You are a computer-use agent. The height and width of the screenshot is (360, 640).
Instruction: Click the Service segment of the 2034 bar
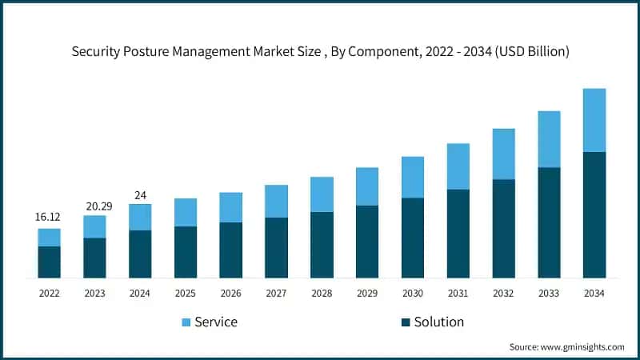coord(594,120)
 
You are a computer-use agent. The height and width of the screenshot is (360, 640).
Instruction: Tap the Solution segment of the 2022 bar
coord(50,262)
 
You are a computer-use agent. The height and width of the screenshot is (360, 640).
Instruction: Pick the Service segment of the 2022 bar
coord(50,237)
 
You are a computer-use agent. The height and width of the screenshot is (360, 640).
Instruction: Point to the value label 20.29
coord(94,206)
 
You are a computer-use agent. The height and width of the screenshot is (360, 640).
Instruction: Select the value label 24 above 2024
coord(140,194)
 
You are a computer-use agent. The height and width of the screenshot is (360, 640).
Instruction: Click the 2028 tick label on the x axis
coord(322,294)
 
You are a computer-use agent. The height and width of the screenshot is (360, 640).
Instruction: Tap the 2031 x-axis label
coord(458,294)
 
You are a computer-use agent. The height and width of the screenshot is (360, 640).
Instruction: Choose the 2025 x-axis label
coord(186,294)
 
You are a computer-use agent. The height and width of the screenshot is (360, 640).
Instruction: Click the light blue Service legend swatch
coord(186,322)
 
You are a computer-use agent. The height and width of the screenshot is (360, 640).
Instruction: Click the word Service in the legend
coord(216,322)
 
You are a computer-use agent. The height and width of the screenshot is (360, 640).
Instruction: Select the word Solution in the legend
coord(438,322)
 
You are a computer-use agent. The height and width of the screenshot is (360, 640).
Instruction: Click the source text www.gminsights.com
coord(582,346)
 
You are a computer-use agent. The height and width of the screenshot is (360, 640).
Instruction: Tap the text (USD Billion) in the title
coord(530,52)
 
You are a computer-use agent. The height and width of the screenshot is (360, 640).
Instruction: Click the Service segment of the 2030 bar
coord(412,177)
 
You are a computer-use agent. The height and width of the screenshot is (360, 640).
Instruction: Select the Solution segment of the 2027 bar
coord(276,247)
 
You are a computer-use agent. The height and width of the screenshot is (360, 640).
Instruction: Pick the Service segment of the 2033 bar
coord(548,139)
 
